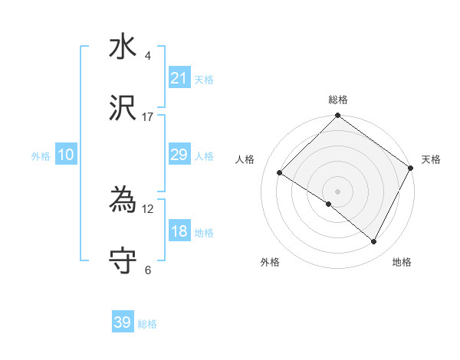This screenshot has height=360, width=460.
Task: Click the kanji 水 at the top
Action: click(123, 47)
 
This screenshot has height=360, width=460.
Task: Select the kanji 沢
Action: click(123, 110)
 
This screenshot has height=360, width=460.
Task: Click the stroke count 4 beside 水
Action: click(148, 56)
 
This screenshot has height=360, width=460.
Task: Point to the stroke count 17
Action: click(148, 117)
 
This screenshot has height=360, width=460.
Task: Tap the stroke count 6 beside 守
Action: click(148, 270)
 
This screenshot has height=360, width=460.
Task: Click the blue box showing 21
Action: click(179, 78)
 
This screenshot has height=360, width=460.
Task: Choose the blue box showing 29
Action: click(179, 155)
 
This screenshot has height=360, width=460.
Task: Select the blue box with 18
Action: click(179, 231)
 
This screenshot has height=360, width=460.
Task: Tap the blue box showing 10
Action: click(66, 155)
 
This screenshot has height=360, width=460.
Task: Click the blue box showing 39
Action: click(123, 322)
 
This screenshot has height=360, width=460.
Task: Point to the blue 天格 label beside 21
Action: click(204, 80)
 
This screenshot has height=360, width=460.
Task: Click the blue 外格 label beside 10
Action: click(41, 156)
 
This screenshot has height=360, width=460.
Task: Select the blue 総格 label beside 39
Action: click(147, 324)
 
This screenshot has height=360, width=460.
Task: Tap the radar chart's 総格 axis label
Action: click(337, 100)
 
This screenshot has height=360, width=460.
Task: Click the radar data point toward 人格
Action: click(280, 173)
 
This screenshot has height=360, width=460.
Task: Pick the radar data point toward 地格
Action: click(374, 242)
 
